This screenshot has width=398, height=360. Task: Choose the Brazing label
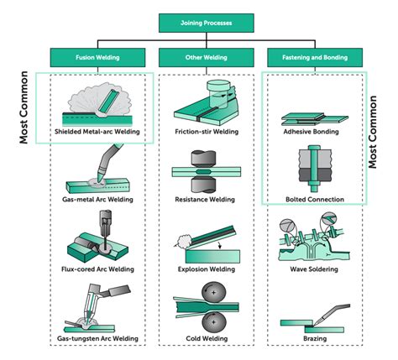coord(315,338)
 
